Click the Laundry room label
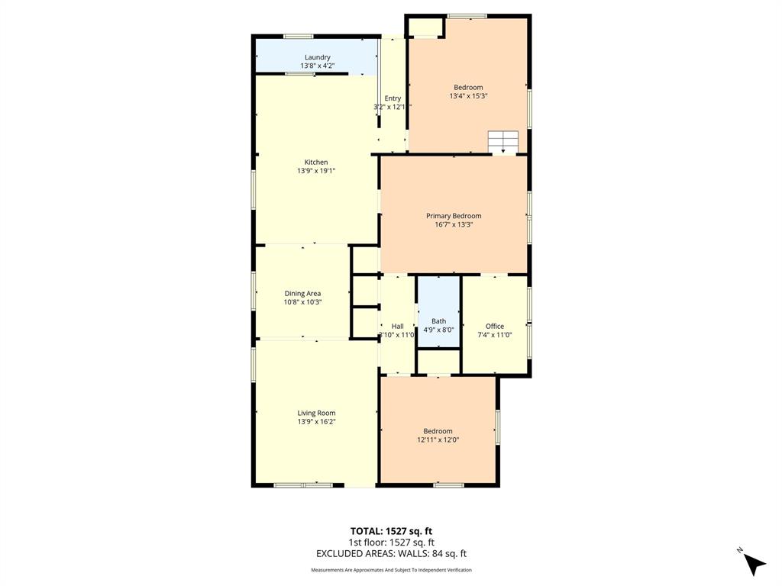(317, 57)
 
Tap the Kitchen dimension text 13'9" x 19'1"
(316, 171)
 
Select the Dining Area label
(302, 293)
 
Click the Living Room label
(316, 413)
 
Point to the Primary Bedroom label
(454, 216)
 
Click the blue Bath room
(438, 313)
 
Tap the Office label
(495, 326)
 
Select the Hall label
(397, 326)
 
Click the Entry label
(393, 98)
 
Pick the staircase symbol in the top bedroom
(503, 141)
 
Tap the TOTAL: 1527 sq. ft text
(391, 531)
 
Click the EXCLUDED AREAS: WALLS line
(391, 554)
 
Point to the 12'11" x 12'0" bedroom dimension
(438, 439)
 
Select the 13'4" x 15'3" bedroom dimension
(468, 96)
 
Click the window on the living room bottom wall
(303, 485)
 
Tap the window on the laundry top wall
(298, 36)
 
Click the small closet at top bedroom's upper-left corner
(425, 27)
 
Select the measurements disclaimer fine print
(391, 570)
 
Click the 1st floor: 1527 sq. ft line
(391, 543)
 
